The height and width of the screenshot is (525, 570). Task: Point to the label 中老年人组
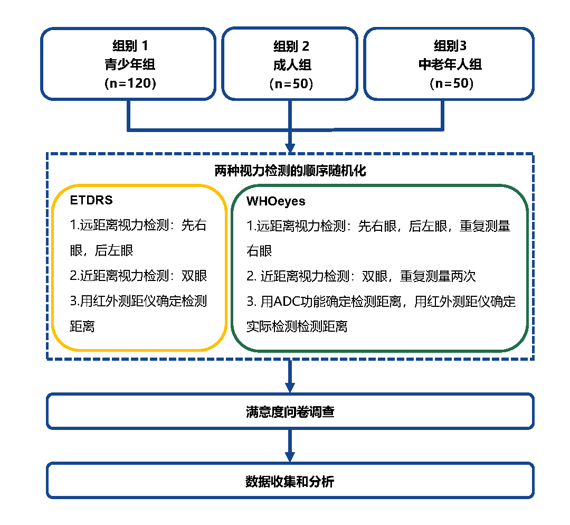coord(450,64)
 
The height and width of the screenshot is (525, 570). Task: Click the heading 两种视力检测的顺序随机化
coord(290,171)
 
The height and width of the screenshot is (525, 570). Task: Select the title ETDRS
coord(91,201)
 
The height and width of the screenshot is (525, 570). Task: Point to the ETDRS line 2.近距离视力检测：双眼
coord(138,276)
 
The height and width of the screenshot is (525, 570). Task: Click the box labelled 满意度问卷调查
coord(290,411)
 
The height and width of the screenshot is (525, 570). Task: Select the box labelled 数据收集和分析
coord(290,481)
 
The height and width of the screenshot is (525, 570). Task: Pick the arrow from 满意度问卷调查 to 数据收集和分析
coord(290,446)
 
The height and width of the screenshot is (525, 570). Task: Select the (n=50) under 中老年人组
coord(450,84)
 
